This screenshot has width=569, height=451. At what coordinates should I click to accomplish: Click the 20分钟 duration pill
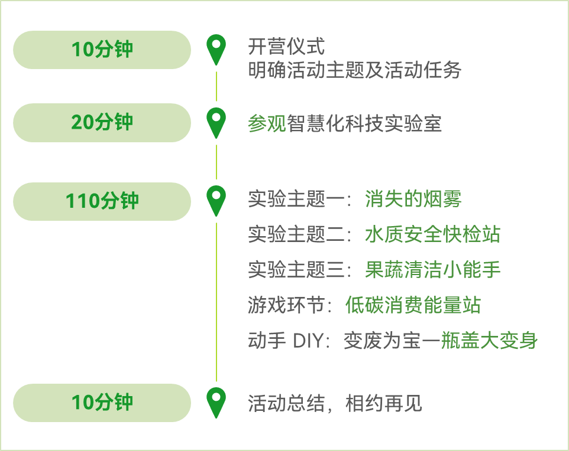(102, 123)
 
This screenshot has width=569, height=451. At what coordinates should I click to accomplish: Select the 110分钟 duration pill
(102, 201)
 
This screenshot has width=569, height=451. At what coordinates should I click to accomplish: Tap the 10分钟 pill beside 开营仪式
(102, 50)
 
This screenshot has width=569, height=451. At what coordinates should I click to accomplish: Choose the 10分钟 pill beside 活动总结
(102, 403)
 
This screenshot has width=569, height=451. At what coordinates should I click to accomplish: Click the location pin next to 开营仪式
(216, 48)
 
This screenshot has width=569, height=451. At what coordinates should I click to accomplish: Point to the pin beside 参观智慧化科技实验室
(216, 122)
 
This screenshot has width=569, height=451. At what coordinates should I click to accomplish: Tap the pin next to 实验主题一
(216, 200)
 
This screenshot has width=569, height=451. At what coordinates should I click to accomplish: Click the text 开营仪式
(286, 47)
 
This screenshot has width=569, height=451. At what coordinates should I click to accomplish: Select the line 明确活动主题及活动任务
(355, 71)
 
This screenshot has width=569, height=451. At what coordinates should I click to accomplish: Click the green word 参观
(267, 123)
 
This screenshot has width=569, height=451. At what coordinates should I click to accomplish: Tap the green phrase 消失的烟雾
(413, 200)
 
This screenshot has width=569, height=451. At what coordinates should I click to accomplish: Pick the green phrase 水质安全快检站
(432, 235)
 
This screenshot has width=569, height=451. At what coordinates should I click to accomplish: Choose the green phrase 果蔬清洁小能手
(432, 270)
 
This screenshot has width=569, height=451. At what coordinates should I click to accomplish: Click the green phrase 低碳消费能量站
(413, 305)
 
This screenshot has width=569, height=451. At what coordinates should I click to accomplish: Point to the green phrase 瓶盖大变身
(489, 341)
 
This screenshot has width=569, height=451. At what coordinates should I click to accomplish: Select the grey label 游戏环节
(286, 305)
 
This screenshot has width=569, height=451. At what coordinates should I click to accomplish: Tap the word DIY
(309, 341)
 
